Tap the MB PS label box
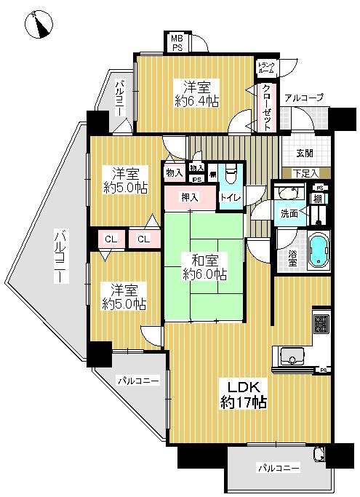coord(177,43)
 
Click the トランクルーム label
coord(265,69)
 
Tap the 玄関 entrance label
coord(305,153)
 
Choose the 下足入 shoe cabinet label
coord(305,173)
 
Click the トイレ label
coord(231,196)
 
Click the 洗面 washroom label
coord(289,215)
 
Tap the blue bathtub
coord(319,250)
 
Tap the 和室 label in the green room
coord(204,261)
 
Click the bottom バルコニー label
coord(279,468)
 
